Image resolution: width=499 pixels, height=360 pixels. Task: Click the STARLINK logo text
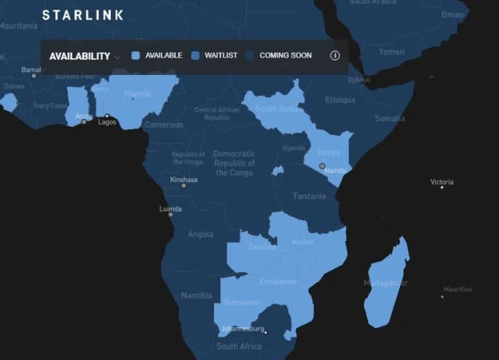coord(82,15)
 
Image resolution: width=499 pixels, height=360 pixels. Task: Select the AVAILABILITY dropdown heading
coord(80,56)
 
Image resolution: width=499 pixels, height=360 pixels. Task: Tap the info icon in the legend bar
coord(335,55)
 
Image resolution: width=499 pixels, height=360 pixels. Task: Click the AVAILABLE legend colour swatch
coord(136,55)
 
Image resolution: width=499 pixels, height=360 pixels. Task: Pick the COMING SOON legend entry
coord(285,55)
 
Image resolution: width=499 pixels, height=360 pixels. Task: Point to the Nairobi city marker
coord(322,166)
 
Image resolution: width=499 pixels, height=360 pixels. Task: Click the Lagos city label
coord(107,122)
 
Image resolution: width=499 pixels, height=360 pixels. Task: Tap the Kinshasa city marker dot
coord(184,186)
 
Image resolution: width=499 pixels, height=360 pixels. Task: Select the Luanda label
coord(170,209)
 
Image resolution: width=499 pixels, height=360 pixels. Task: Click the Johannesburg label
coord(243,328)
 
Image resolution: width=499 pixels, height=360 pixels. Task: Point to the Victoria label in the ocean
coord(441,182)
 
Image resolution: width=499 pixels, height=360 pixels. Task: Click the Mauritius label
coord(457,289)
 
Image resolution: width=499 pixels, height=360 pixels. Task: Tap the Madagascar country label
coord(386,283)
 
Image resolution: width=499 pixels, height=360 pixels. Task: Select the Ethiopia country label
coord(340,100)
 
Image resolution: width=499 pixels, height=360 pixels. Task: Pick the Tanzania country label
coord(308,196)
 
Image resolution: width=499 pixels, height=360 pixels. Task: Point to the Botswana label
coord(241,302)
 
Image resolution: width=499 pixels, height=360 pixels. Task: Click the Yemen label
coord(391,52)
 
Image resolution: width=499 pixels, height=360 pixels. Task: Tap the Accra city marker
coord(84,122)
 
